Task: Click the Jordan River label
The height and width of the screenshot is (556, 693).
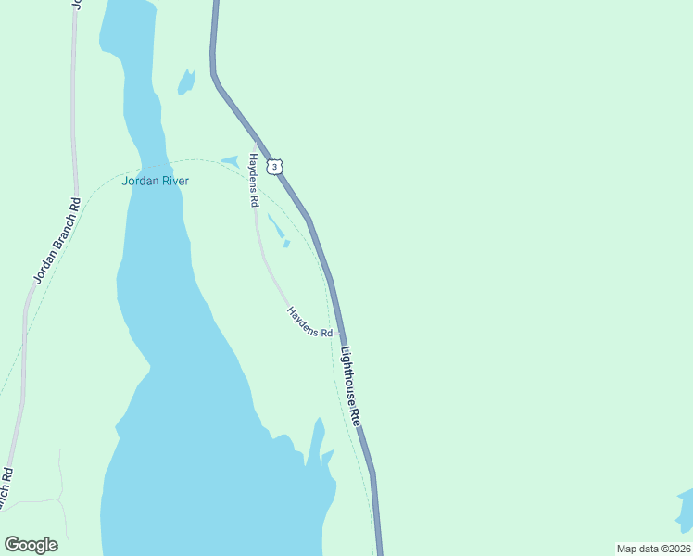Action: [x=155, y=181]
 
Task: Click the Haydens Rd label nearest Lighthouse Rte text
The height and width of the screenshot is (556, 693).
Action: [x=309, y=322]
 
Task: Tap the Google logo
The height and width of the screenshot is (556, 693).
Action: [x=31, y=545]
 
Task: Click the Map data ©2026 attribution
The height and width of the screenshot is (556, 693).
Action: [x=653, y=549]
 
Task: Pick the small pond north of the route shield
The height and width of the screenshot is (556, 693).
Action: [x=187, y=82]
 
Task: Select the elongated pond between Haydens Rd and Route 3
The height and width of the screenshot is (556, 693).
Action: [x=277, y=228]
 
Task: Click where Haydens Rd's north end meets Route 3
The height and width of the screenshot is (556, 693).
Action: [x=255, y=140]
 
